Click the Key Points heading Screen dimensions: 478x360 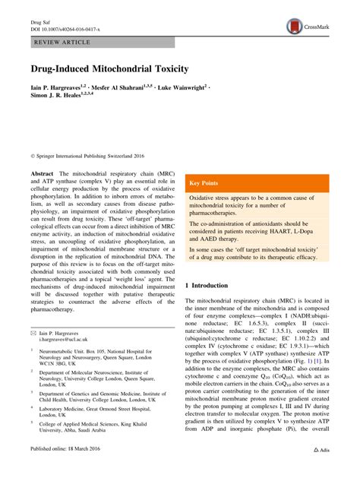pos(205,183)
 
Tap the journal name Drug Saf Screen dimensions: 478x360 pos(40,21)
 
